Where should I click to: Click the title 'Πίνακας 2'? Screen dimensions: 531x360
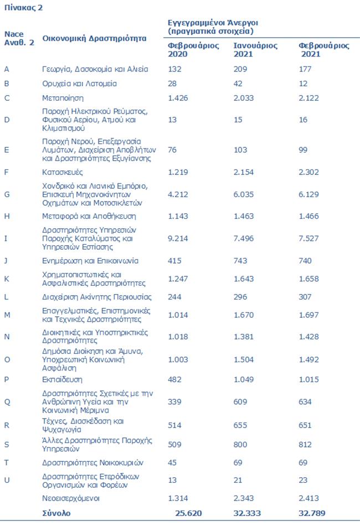pos(23,8)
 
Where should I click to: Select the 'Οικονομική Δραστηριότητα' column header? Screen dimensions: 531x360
pos(95,38)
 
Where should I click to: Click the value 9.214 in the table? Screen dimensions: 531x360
pos(179,239)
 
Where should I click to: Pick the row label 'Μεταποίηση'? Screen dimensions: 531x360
pos(63,98)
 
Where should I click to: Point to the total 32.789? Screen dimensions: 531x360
pos(312,513)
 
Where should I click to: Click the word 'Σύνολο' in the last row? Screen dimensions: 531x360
pos(56,513)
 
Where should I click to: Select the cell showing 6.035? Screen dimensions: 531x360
pos(245,194)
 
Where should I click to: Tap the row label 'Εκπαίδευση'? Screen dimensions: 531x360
pos(62,380)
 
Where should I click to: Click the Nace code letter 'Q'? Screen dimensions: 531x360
pos(7,402)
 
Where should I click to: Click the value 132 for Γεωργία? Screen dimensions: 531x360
pos(176,69)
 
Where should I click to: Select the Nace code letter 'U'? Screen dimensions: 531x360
pos(7,480)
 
